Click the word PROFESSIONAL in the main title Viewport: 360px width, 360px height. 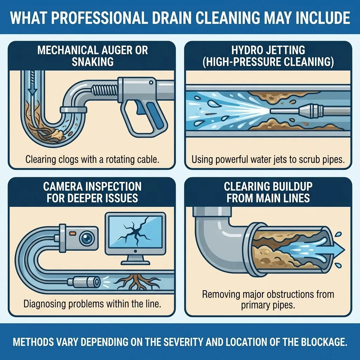coord(99,18)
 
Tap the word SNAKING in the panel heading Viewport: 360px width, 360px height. coord(93,62)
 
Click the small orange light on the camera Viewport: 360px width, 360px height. coord(72,233)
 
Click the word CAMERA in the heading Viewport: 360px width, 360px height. coord(63,186)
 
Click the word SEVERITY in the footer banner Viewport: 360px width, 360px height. coord(181,342)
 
